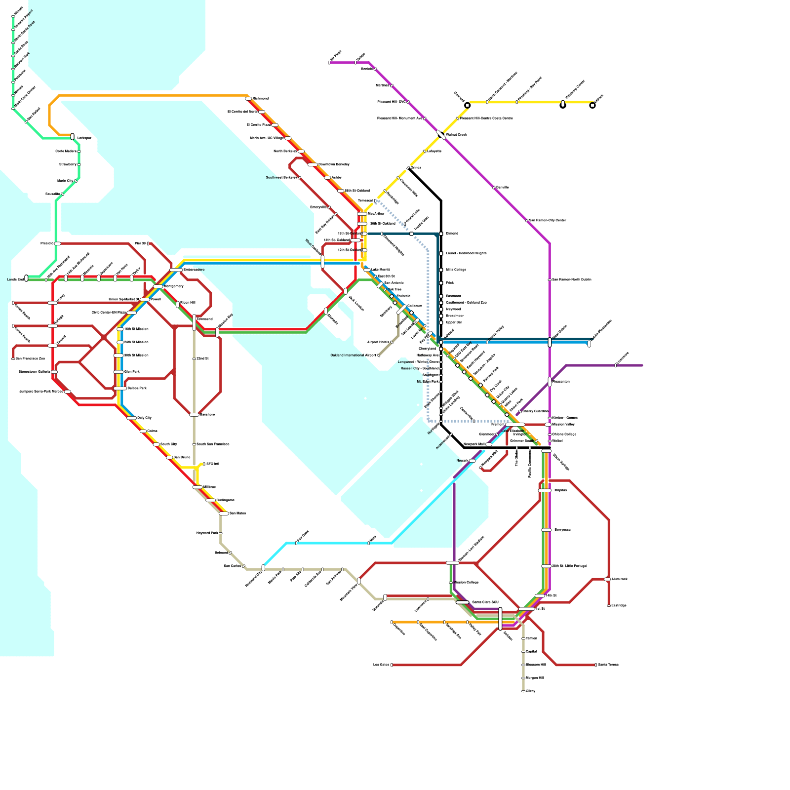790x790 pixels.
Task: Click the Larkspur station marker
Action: tap(73, 136)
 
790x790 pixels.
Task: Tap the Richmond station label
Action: tap(260, 99)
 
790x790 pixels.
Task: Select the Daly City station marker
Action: tap(131, 418)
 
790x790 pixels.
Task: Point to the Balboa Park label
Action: tap(137, 389)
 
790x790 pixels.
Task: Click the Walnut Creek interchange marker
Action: tap(441, 134)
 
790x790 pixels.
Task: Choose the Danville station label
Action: tap(502, 188)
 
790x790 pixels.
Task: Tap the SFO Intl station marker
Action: tap(204, 464)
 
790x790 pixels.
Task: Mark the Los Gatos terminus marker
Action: tap(392, 665)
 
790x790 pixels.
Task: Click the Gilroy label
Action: tap(531, 691)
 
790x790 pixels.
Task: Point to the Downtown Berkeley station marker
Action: tap(313, 164)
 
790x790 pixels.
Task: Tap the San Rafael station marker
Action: tap(26, 122)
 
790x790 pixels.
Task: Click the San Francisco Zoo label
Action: tap(30, 359)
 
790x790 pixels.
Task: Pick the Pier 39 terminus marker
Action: tap(148, 243)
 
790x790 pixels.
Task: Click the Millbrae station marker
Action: tap(197, 487)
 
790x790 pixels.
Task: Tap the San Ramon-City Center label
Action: tap(548, 221)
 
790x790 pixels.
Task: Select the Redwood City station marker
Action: tap(263, 568)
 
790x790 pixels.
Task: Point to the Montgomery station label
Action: tap(174, 286)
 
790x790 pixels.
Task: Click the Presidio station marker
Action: tap(58, 243)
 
